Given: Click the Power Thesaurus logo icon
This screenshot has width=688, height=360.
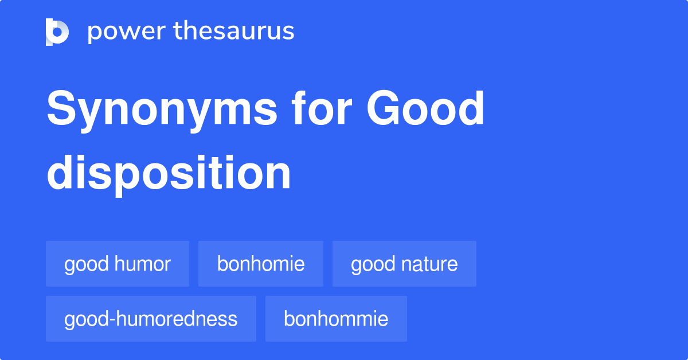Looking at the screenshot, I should point(57,32).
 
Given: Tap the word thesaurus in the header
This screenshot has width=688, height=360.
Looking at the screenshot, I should point(234,32).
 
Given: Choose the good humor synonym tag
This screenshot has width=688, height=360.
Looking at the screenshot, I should point(118,264).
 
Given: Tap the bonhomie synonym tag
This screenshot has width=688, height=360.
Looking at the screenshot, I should point(261,264).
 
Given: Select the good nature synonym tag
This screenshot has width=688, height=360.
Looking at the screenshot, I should point(404,264).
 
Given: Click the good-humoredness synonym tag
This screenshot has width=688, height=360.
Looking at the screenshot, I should point(151,319).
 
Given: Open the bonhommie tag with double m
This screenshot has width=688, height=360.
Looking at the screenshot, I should point(336,319).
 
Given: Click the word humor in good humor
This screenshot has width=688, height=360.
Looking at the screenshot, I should point(143,264).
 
